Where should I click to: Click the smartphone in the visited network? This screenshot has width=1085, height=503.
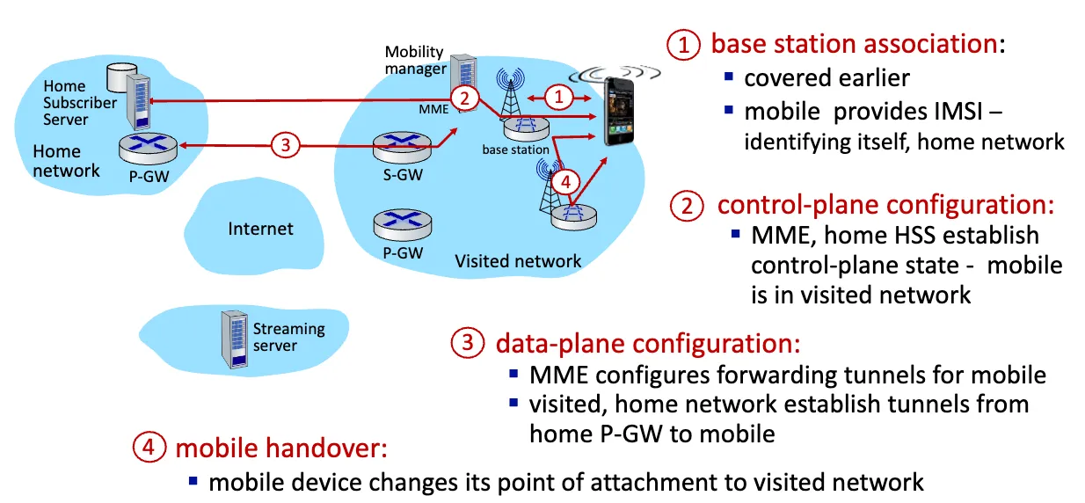[x=623, y=111]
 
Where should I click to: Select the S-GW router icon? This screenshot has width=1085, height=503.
[x=400, y=148]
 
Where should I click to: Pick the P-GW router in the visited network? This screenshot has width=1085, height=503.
[x=400, y=224]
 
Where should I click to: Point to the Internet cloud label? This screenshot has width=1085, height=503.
[x=260, y=229]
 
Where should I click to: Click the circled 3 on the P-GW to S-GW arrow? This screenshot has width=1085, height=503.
[x=284, y=145]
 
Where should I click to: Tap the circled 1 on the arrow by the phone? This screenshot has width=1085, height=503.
[x=561, y=92]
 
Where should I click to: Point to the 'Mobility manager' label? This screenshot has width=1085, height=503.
[x=414, y=61]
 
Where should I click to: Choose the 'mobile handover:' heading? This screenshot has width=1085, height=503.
[x=280, y=448]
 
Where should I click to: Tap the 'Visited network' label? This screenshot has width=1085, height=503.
[x=517, y=261]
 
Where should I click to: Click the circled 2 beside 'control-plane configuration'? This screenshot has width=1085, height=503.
[x=687, y=205]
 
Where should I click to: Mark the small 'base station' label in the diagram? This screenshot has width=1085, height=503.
[x=515, y=149]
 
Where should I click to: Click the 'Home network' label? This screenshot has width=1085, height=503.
[x=66, y=161]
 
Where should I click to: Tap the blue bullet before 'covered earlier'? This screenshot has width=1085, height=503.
[x=728, y=77]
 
